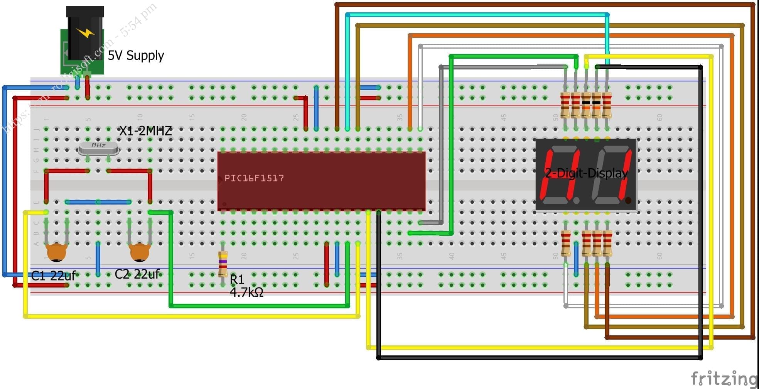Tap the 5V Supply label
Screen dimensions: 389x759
[136, 56]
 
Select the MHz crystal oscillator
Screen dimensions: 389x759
[98, 147]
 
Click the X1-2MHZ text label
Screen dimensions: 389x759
[145, 131]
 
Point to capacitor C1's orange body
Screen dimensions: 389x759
[56, 252]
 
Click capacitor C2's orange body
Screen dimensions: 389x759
[140, 252]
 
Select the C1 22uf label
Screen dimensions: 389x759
[53, 276]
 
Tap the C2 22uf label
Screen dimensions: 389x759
[137, 274]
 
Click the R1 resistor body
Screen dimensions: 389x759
[223, 264]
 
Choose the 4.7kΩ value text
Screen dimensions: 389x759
[246, 293]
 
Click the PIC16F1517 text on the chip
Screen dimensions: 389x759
[254, 178]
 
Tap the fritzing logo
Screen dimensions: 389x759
[724, 378]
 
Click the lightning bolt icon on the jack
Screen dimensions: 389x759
[85, 33]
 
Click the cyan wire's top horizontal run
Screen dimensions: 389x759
[474, 15]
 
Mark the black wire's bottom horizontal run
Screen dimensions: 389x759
[540, 358]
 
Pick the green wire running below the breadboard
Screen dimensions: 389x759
[258, 306]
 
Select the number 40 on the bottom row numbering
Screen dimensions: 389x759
[452, 256]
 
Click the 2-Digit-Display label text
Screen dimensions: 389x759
[586, 173]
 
